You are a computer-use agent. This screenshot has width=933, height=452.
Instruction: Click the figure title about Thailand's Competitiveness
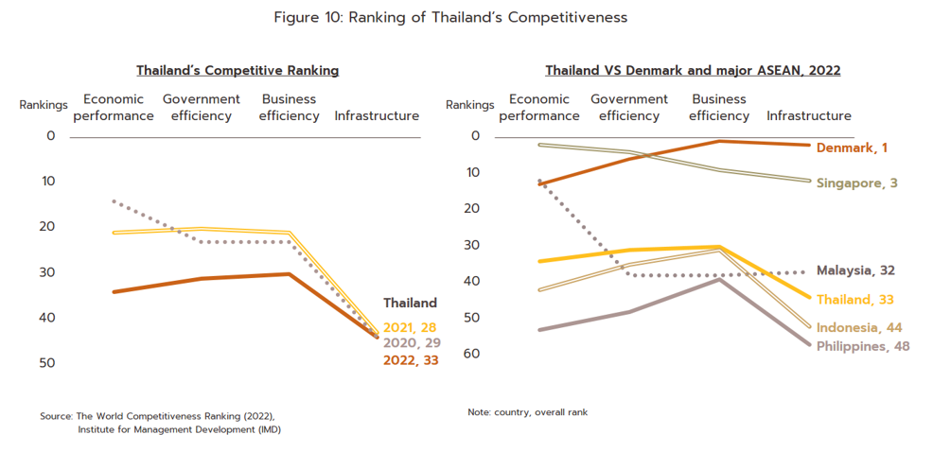click(x=450, y=18)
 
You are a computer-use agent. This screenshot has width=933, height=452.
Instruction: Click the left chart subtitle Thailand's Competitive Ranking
click(x=238, y=71)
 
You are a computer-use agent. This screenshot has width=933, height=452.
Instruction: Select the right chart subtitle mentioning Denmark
click(x=693, y=71)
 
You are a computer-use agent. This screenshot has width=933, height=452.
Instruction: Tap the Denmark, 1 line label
click(x=852, y=148)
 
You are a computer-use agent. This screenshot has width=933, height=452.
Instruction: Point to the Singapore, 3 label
click(x=857, y=183)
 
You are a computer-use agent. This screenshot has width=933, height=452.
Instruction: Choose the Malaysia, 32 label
click(x=855, y=270)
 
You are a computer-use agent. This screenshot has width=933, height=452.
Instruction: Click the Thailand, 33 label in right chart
click(x=855, y=300)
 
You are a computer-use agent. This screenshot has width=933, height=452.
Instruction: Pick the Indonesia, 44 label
click(x=858, y=328)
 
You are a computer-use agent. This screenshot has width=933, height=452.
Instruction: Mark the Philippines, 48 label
click(x=863, y=346)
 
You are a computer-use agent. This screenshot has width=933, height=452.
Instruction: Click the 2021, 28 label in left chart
click(x=409, y=328)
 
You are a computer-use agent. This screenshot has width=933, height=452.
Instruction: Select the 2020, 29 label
click(x=410, y=343)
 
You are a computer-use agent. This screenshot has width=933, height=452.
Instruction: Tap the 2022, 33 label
click(x=410, y=360)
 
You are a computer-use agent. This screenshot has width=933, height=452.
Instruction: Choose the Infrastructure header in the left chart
click(x=377, y=116)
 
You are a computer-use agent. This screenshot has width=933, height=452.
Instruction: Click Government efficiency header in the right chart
click(x=629, y=108)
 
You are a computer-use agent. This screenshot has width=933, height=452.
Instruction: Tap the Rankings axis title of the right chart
click(x=470, y=106)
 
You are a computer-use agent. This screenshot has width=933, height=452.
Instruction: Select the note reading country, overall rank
click(x=527, y=412)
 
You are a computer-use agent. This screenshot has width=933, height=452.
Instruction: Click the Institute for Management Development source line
click(x=179, y=429)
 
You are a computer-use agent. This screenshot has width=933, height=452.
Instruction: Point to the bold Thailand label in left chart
click(x=410, y=304)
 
